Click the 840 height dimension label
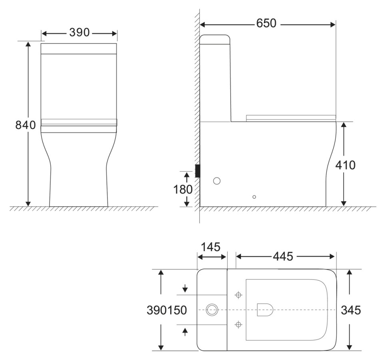[26, 125]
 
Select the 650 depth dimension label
[267, 24]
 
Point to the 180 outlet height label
[183, 189]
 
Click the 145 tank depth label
[211, 247]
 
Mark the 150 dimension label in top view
[177, 310]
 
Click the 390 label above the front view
[79, 33]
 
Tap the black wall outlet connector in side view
[197, 171]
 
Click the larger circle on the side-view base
[217, 181]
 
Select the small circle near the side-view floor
[254, 197]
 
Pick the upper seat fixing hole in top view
[239, 295]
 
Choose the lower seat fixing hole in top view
[239, 324]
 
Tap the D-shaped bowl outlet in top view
[265, 310]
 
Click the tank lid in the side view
[215, 39]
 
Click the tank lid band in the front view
[79, 48]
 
